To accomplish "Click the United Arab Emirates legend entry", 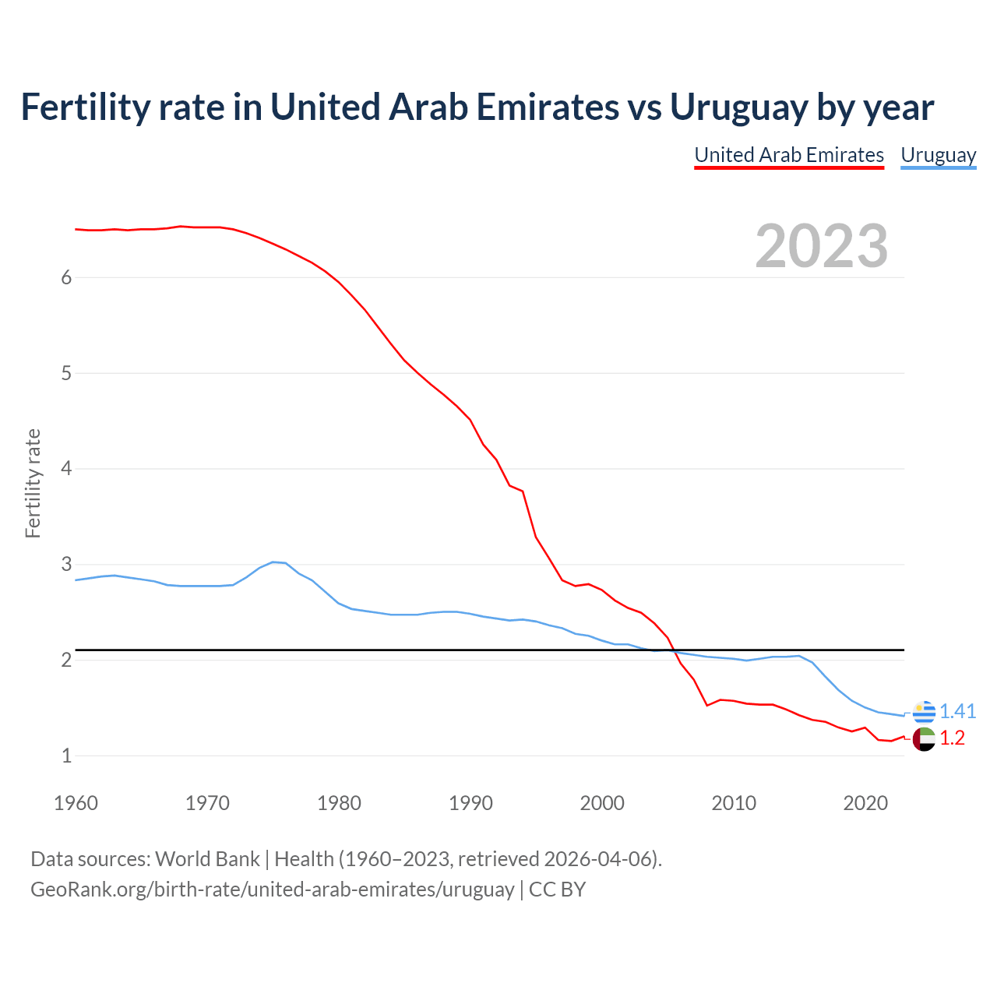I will [789, 155].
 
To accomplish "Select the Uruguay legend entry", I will [938, 155].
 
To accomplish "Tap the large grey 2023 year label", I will [821, 246].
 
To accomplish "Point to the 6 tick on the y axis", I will [66, 278].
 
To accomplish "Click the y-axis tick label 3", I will [66, 564].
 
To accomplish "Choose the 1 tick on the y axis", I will [66, 756].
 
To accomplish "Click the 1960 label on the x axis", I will [76, 803].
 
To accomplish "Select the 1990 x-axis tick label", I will [470, 803].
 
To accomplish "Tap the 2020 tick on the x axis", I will [865, 803].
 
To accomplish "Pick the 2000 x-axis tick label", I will [602, 803].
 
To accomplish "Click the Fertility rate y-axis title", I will [33, 483].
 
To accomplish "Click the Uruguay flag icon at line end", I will [924, 712].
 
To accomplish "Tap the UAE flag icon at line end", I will [924, 738].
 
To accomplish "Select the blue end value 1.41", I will [957, 711].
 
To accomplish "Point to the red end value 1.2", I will [952, 738].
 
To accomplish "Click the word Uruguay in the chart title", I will [736, 107].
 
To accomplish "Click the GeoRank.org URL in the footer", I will [273, 890].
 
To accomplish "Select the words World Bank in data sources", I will [207, 859].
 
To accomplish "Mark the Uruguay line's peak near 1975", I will [273, 562].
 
